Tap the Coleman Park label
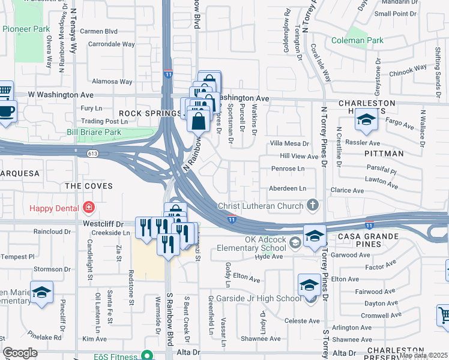point(358,41)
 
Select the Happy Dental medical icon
point(89,208)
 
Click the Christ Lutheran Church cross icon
point(312,206)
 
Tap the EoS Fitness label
point(116,356)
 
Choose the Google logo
point(20,353)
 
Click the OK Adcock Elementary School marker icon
point(295,243)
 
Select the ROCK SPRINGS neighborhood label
point(141,113)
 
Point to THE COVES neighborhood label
point(88,186)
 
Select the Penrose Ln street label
point(288,169)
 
